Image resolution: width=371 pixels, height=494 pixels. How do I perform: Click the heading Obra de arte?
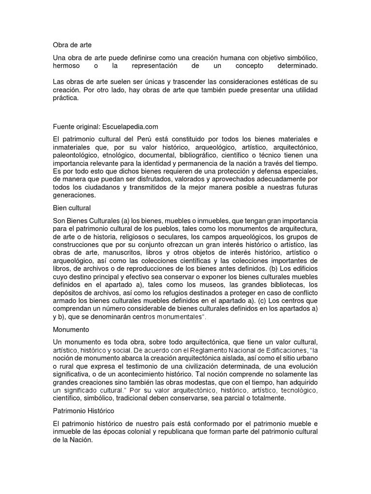pyautogui.click(x=71, y=45)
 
